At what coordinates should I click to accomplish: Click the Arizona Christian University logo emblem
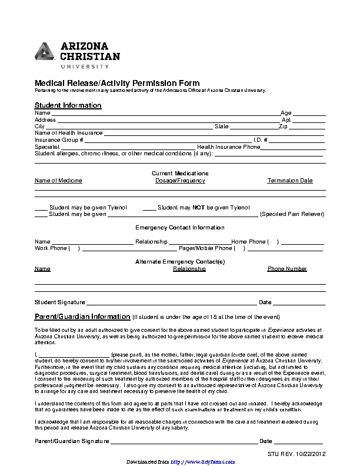[45, 52]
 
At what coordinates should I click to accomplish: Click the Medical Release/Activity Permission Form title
[117, 83]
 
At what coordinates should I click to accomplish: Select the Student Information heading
[68, 105]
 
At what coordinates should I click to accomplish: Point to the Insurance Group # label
[59, 140]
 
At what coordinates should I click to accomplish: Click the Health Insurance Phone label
[228, 147]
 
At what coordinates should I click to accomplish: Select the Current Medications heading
[180, 174]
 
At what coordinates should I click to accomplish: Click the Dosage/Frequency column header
[180, 181]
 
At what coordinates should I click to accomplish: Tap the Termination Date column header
[290, 181]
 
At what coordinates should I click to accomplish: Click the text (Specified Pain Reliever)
[292, 215]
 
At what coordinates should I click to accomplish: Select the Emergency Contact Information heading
[180, 228]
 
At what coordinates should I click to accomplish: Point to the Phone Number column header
[287, 269]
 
